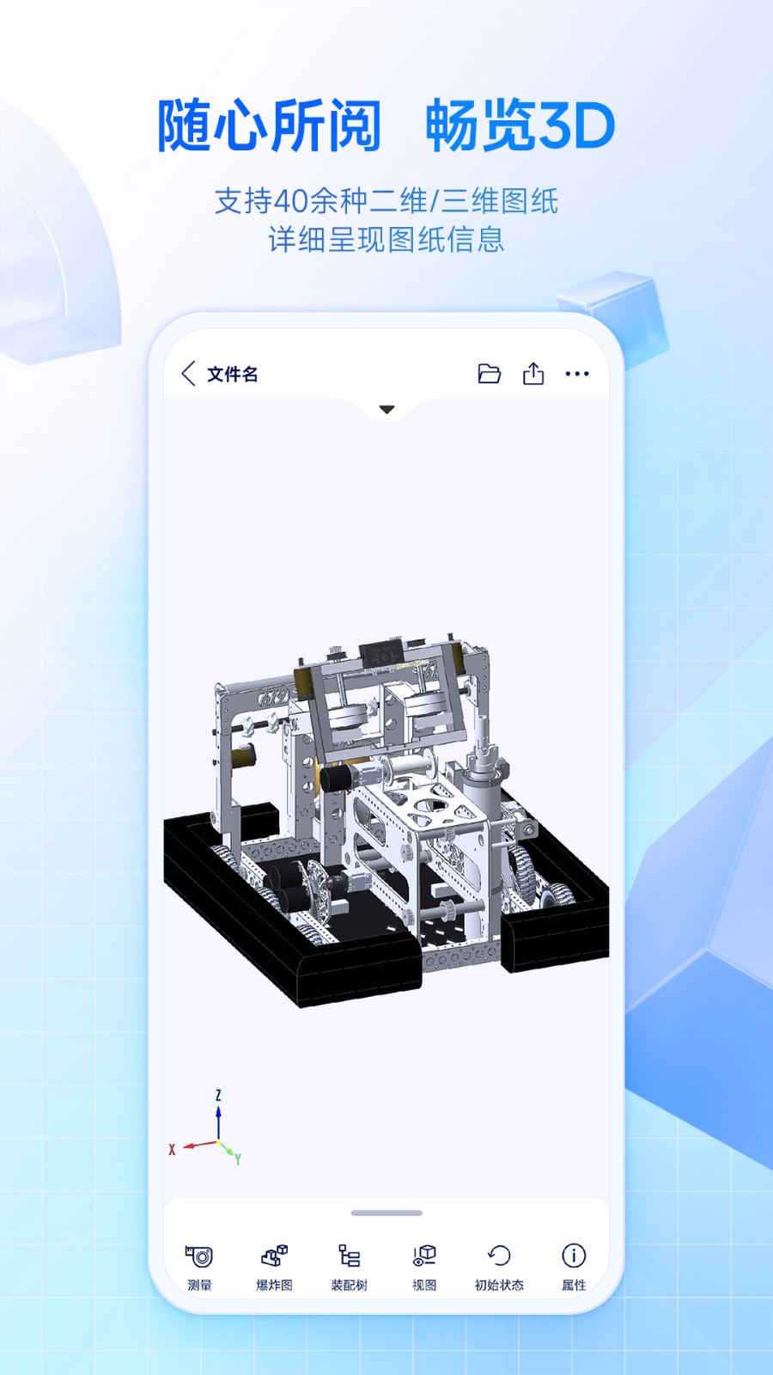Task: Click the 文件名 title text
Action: (x=233, y=374)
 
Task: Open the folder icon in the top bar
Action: (x=489, y=373)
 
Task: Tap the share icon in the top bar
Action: (x=533, y=373)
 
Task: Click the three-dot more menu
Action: (x=577, y=373)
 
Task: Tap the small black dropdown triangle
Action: (x=386, y=410)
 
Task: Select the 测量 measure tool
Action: (x=199, y=1266)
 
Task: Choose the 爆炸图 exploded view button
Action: (x=274, y=1266)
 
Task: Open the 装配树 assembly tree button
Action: (x=349, y=1266)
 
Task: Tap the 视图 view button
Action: (x=424, y=1266)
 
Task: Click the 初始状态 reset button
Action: (x=499, y=1266)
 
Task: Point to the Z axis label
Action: (x=218, y=1095)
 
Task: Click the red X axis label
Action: (x=172, y=1150)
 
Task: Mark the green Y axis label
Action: (x=238, y=1159)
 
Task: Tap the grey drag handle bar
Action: (x=386, y=1213)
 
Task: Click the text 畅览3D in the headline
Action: (x=520, y=125)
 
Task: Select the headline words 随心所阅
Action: (x=269, y=125)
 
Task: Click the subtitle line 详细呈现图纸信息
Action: (x=386, y=239)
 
